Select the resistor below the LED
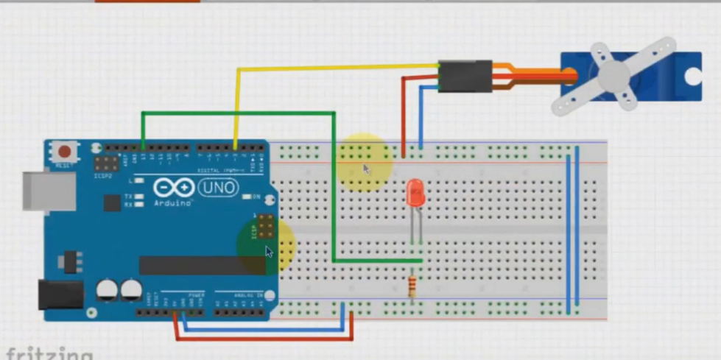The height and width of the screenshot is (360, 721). pos(412,286)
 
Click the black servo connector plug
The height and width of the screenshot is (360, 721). pos(465,76)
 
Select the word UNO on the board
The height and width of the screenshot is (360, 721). pos(219,188)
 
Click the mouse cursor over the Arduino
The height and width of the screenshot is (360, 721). pos(269,252)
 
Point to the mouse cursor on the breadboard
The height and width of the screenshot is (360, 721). pos(367,169)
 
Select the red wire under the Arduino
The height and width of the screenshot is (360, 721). pos(265,339)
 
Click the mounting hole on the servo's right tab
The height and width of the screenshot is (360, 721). pos(692,77)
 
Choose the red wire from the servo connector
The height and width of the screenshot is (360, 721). pos(404,110)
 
